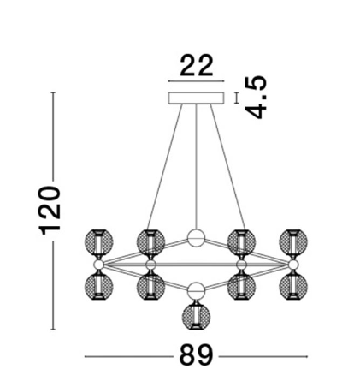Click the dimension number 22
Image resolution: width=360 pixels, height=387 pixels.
tap(197, 65)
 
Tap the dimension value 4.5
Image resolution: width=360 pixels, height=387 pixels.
tap(257, 97)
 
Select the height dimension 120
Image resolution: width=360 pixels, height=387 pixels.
tap(49, 211)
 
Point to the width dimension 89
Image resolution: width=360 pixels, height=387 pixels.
tap(196, 354)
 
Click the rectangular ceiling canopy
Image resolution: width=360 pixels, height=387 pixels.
tap(196, 98)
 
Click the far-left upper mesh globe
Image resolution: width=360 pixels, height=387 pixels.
tap(99, 241)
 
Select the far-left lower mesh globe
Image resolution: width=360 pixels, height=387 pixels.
tap(99, 286)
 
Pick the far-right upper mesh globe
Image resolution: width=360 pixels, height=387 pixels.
tap(293, 241)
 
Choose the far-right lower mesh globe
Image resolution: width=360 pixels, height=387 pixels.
tap(293, 286)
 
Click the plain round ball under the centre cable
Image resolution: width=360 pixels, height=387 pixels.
tap(196, 238)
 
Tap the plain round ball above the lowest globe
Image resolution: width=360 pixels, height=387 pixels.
tap(196, 291)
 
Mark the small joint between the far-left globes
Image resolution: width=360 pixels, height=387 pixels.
tap(99, 265)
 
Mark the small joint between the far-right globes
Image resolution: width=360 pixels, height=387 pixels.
tap(293, 265)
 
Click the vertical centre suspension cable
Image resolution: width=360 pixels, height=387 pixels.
tap(196, 167)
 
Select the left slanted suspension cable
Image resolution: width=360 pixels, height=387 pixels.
tap(164, 167)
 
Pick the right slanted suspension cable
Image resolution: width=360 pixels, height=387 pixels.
tap(227, 167)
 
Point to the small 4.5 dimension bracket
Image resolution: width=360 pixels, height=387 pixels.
tap(236, 98)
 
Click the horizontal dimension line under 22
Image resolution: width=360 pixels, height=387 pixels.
tap(196, 81)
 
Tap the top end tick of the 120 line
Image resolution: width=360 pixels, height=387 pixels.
tap(53, 92)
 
